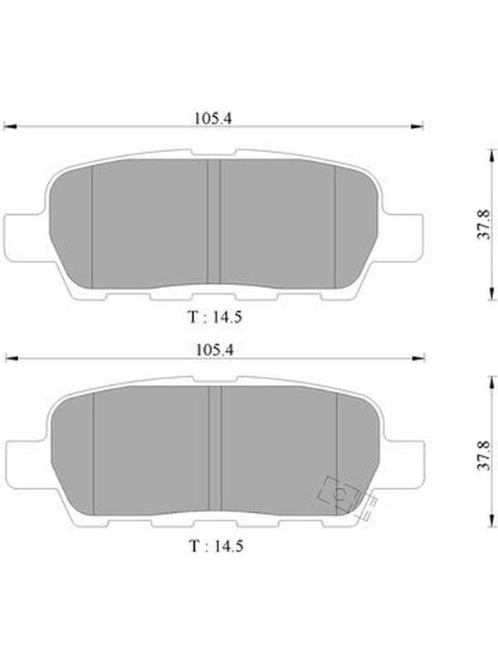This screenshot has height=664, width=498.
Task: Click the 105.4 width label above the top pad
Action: [x=213, y=118]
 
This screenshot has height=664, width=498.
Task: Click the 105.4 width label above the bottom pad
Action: [x=215, y=350]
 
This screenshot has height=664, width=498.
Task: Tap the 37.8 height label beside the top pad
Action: [x=484, y=224]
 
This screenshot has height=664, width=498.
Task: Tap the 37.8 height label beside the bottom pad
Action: [x=484, y=455]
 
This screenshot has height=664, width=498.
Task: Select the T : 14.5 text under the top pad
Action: [x=215, y=317]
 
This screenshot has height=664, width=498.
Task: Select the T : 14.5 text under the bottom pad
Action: [x=216, y=546]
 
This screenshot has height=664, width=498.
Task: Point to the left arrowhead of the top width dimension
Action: [x=9, y=126]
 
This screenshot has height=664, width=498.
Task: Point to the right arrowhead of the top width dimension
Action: [x=417, y=126]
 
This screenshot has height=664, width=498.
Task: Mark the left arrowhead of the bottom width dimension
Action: [x=12, y=359]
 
